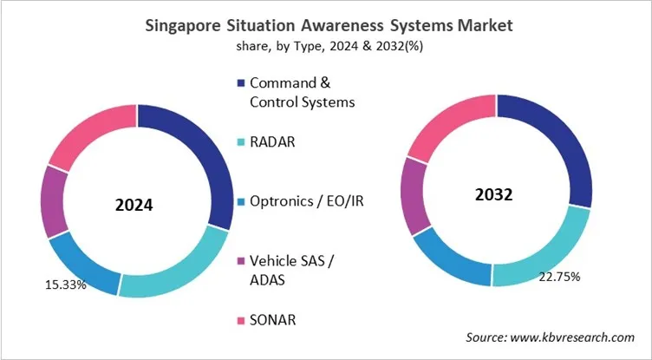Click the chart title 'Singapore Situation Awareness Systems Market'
325,26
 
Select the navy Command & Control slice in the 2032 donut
563,148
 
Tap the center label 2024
134,206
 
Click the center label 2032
494,195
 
